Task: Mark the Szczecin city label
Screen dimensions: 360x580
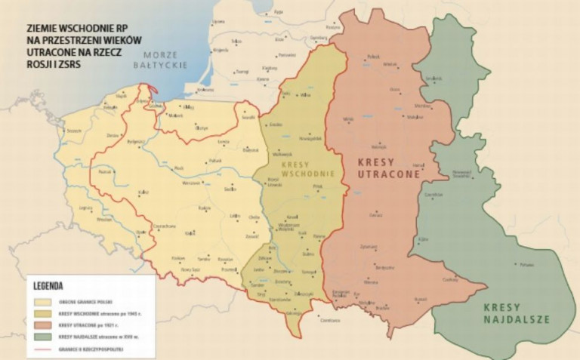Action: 74,131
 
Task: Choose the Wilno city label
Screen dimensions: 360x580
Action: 306,95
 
